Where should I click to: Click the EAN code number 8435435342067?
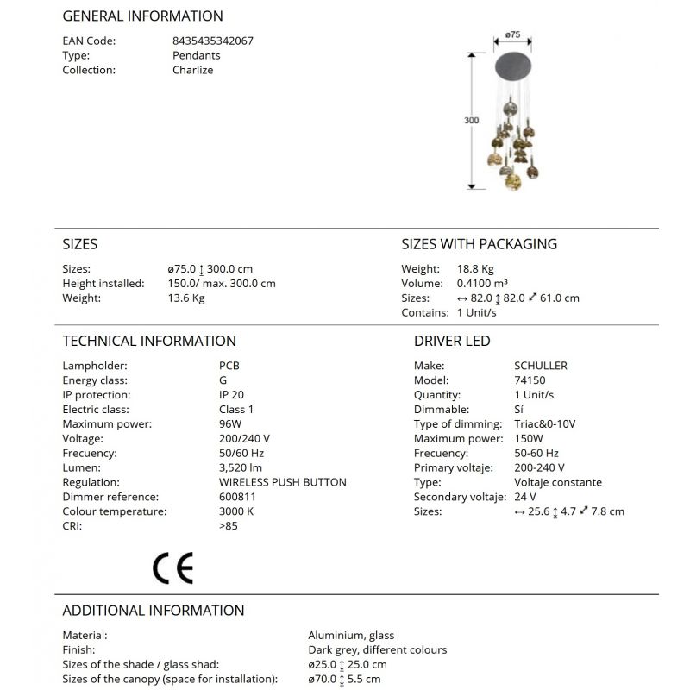[x=212, y=41]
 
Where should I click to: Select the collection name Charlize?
[x=192, y=70]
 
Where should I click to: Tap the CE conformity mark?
[x=172, y=567]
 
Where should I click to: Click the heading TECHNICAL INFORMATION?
[x=149, y=341]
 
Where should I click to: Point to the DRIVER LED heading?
[x=452, y=341]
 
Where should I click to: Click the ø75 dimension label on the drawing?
[x=512, y=35]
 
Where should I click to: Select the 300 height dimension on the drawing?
[x=471, y=121]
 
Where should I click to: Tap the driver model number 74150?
[x=530, y=380]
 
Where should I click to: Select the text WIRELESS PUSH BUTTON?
[x=282, y=482]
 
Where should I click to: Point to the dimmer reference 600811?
[x=237, y=497]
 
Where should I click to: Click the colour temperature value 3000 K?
[x=236, y=511]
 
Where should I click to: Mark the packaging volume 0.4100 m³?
[x=482, y=284]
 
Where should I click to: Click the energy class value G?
[x=223, y=380]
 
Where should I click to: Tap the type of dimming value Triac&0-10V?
[x=544, y=423]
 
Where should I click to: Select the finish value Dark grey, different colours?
[x=377, y=649]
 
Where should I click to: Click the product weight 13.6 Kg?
[x=186, y=298]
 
